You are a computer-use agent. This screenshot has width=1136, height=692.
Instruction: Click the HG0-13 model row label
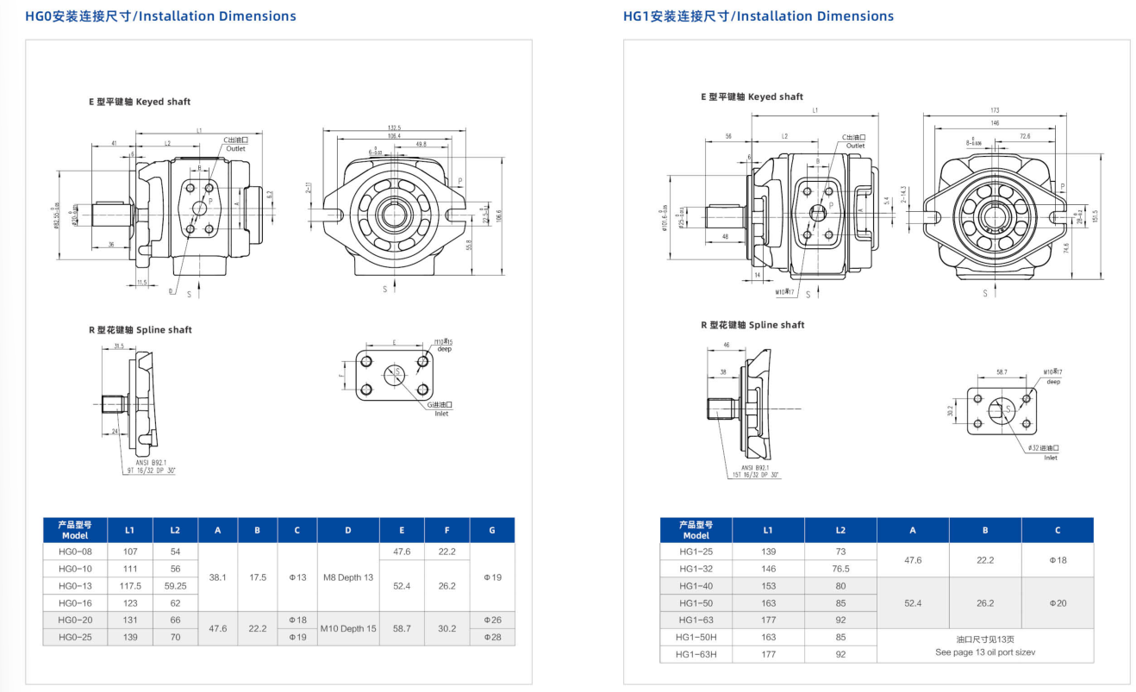pos(76,585)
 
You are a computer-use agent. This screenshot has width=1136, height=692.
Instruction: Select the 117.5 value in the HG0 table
pos(130,585)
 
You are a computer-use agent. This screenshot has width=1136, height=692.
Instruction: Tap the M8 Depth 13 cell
pos(348,577)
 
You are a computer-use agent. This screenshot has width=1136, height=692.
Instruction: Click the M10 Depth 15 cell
pos(348,628)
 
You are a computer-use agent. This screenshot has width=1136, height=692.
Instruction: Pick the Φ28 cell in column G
pos(492,637)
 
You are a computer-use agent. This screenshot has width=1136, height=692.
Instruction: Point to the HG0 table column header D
pos(348,530)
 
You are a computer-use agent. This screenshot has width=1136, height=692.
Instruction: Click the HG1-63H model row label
pos(696,654)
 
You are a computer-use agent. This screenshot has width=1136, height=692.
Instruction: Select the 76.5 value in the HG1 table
pos(840,569)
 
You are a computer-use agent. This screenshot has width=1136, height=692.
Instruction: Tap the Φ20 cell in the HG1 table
pos(1057,603)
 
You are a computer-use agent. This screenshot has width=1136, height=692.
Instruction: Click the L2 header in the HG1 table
pos(840,530)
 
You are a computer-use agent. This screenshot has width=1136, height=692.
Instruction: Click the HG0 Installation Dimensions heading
pos(160,16)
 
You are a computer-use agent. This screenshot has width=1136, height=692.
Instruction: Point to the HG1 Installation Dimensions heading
pos(758,16)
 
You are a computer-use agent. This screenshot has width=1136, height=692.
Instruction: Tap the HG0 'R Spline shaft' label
pos(140,330)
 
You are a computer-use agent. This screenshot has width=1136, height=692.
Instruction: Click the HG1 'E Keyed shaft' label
pos(752,97)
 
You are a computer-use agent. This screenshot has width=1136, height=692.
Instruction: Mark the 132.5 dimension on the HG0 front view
pos(394,127)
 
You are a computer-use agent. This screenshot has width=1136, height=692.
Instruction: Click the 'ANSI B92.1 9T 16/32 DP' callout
pos(152,468)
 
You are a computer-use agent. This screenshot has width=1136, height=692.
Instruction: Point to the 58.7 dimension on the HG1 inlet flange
pos(1000,372)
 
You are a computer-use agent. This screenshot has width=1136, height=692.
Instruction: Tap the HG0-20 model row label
pos(76,620)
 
